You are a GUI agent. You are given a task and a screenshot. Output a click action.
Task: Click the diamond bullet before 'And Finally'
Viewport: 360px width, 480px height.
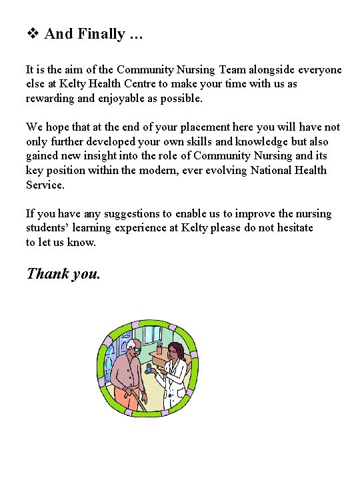point(33,34)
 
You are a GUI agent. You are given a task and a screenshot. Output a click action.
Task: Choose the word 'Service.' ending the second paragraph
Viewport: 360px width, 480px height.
point(45,185)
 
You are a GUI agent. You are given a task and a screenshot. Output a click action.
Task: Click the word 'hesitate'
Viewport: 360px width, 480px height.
point(291,228)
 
